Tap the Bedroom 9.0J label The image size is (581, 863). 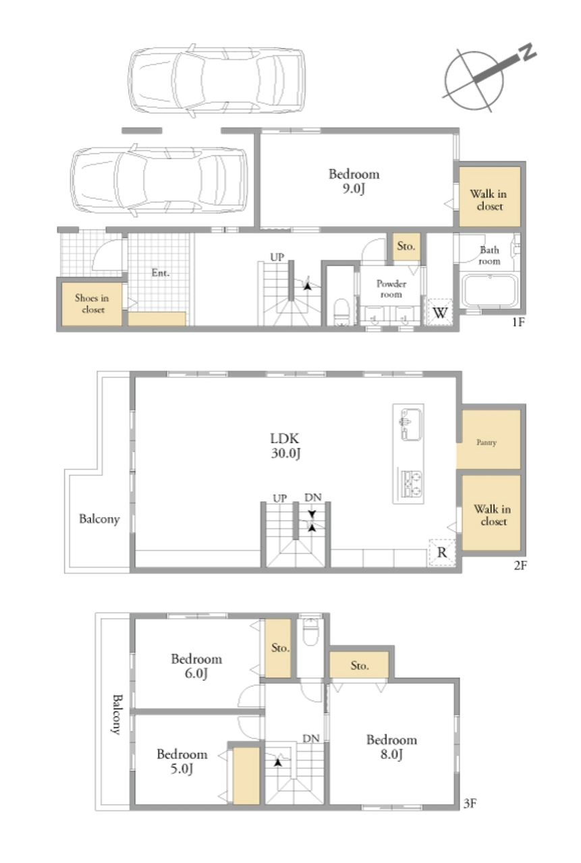tap(354, 181)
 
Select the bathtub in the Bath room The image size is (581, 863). tap(489, 290)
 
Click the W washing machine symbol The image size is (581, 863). tap(440, 312)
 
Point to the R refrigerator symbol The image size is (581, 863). tap(442, 552)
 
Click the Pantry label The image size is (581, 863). tap(487, 442)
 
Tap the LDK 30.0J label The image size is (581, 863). tap(285, 446)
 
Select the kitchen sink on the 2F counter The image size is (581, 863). tap(411, 424)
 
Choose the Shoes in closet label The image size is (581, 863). tap(92, 303)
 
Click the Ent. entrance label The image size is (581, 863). tap(161, 273)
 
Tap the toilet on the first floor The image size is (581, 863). tap(341, 312)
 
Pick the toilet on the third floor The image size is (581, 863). tap(310, 631)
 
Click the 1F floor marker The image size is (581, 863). tap(518, 322)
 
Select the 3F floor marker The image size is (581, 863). tap(470, 803)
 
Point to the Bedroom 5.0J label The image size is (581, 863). tap(182, 761)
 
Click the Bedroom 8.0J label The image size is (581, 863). tap(391, 747)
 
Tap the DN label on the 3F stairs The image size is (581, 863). tap(311, 739)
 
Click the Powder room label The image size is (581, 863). tap(391, 289)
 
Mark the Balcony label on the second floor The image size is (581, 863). tap(99, 519)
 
